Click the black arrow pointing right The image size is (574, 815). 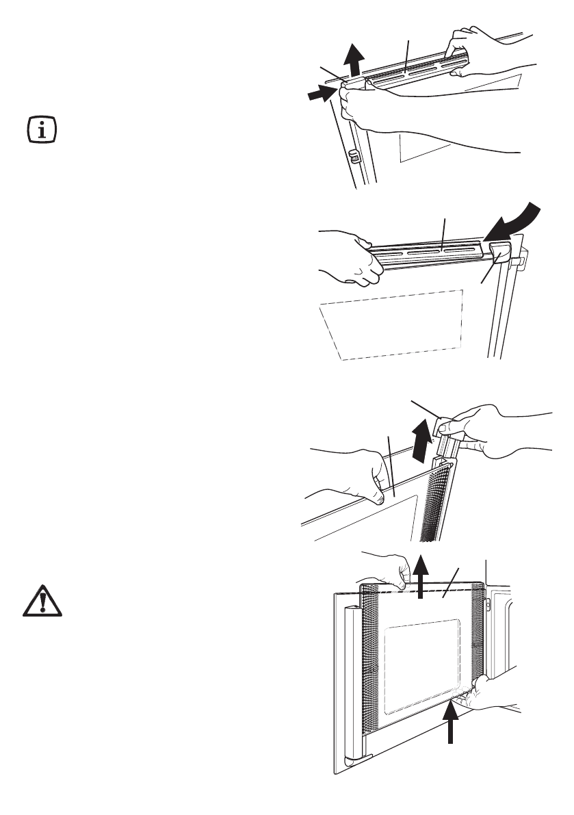322,95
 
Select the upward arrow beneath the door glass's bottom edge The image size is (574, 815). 451,726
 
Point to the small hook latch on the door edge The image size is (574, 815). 354,157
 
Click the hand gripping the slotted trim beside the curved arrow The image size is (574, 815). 352,257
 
